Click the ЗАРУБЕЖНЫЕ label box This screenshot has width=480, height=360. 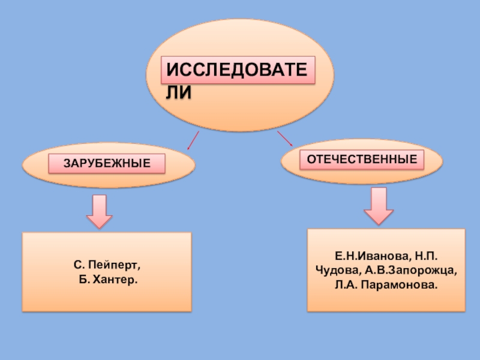click(x=107, y=163)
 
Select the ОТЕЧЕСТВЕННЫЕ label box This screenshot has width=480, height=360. click(x=362, y=160)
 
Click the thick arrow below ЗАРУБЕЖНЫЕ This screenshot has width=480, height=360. click(x=99, y=211)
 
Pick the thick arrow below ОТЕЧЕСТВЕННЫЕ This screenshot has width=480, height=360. click(x=379, y=206)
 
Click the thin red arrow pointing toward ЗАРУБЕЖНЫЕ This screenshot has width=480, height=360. click(x=192, y=141)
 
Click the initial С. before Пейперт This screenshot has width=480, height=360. click(x=79, y=265)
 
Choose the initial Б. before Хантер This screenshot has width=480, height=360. click(x=83, y=280)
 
